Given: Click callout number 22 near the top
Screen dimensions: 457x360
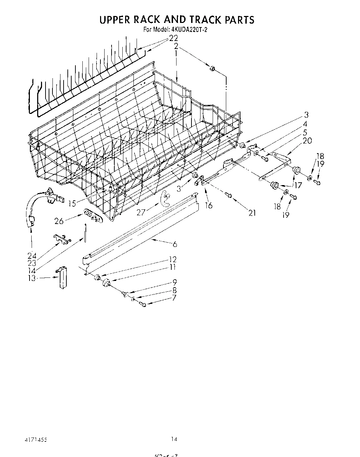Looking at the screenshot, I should [173, 38].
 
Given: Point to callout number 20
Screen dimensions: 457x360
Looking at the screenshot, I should [307, 141].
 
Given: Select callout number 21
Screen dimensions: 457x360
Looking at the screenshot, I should [252, 213].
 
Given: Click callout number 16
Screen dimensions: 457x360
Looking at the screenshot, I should [208, 205].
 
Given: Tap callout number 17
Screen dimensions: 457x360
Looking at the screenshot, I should [298, 185].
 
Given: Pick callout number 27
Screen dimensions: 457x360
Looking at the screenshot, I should [141, 213].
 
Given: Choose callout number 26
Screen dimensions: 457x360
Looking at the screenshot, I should [59, 221].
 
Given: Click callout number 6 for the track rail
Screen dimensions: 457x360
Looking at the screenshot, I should [175, 244].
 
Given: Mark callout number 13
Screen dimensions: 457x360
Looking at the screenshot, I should [32, 278].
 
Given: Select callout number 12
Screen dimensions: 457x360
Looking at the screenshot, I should [173, 259].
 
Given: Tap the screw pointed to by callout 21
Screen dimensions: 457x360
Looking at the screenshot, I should [229, 196].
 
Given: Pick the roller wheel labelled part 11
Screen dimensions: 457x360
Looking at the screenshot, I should [106, 283].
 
